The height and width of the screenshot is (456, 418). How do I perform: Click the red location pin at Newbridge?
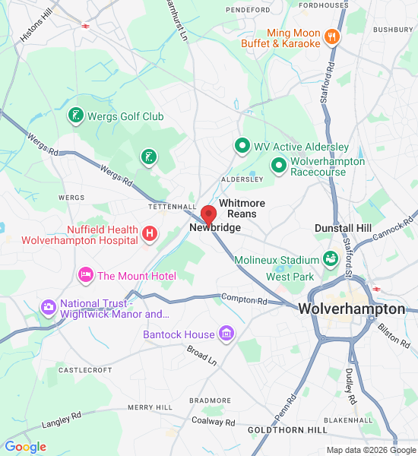click(208, 214)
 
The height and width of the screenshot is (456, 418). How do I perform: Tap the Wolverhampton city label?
click(351, 309)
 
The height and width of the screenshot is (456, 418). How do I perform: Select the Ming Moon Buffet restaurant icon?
click(331, 36)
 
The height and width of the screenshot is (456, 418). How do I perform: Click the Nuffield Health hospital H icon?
click(150, 233)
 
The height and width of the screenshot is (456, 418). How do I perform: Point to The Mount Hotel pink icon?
click(86, 274)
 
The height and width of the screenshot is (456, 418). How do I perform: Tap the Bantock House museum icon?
click(226, 333)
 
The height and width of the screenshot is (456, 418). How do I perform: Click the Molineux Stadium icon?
click(330, 260)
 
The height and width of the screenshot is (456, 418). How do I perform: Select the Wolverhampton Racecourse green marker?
click(279, 164)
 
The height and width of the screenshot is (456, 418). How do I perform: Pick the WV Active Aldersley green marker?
click(242, 145)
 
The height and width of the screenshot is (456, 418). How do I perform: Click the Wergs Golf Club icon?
click(75, 116)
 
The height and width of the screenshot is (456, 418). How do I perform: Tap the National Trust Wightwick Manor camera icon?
click(49, 307)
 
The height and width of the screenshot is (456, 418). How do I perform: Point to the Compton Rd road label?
click(244, 299)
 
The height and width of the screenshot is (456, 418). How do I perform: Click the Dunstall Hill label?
click(343, 228)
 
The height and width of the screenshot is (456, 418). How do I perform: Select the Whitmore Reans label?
click(242, 208)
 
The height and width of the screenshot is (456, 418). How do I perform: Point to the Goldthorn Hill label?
click(287, 430)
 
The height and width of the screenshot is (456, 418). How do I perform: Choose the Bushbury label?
click(392, 30)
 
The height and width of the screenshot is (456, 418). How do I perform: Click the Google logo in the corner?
click(25, 447)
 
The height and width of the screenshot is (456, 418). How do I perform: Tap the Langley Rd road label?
click(62, 417)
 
